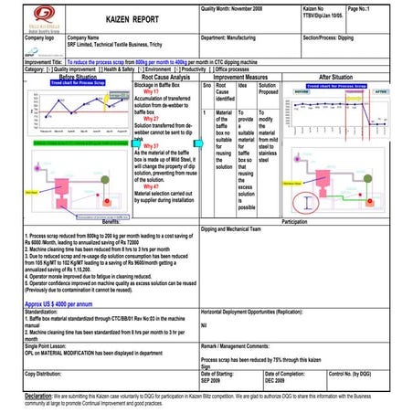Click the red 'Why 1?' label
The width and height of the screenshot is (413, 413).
152,92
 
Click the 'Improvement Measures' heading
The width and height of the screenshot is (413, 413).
239,79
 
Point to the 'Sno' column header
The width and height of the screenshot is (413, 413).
206,86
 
